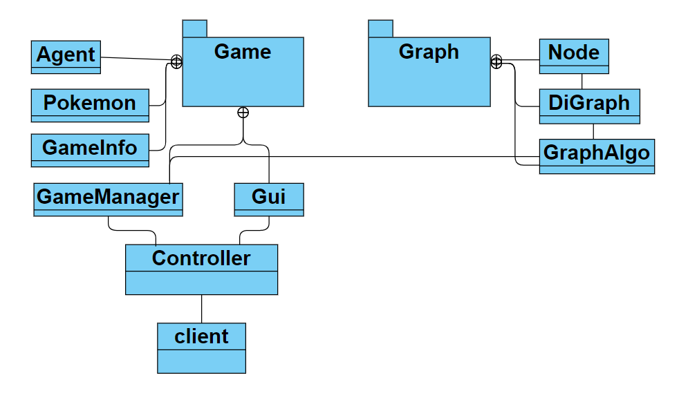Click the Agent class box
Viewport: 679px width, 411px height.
coord(66,56)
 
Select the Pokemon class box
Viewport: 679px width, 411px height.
coord(90,104)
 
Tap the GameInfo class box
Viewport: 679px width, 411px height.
coord(90,149)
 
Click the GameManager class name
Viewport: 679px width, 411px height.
coord(108,197)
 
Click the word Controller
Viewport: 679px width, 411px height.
coord(201,258)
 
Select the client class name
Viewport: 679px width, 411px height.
coord(201,336)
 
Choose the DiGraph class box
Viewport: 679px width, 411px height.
coord(589,104)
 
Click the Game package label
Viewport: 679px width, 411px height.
coord(243,52)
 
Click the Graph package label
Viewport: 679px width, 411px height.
coord(429,52)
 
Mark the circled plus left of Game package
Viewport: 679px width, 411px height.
coord(176,62)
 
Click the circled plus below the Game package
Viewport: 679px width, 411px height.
coord(243,113)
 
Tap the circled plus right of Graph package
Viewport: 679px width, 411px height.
coord(496,62)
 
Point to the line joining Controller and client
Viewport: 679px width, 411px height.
coord(201,309)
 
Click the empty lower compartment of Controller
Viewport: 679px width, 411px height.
coord(201,283)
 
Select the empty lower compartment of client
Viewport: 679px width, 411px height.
coord(201,361)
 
